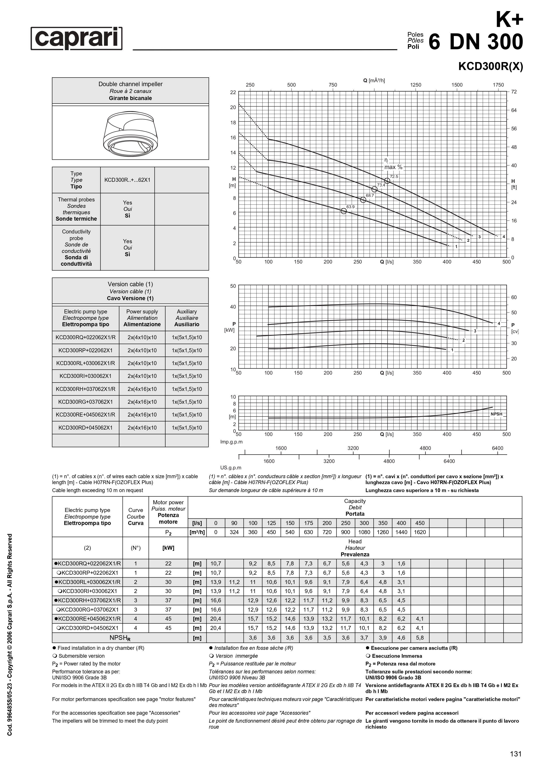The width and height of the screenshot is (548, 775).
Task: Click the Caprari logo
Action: [x=77, y=38]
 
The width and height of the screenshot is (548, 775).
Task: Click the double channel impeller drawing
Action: [x=130, y=132]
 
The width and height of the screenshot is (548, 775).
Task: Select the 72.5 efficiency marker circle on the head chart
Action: [x=387, y=181]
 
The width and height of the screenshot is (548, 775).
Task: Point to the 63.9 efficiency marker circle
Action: [x=344, y=211]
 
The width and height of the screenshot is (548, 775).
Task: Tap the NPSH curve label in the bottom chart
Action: [x=496, y=414]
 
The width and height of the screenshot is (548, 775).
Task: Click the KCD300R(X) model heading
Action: [x=490, y=66]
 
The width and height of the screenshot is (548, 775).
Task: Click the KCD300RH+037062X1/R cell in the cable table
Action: [x=86, y=389]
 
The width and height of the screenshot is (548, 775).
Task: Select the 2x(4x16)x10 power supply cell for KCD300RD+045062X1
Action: [x=142, y=428]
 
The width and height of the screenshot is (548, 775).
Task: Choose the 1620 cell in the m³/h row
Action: [x=420, y=532]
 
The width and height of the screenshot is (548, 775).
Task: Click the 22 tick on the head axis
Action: [x=233, y=92]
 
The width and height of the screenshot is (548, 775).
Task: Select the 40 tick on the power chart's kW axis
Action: [x=233, y=307]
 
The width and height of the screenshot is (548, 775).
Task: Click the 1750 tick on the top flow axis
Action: [x=498, y=85]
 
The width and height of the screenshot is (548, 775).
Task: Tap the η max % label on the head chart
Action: [x=393, y=164]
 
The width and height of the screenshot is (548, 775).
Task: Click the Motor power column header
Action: [x=168, y=512]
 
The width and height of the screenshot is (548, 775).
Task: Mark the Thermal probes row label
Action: [x=76, y=209]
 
